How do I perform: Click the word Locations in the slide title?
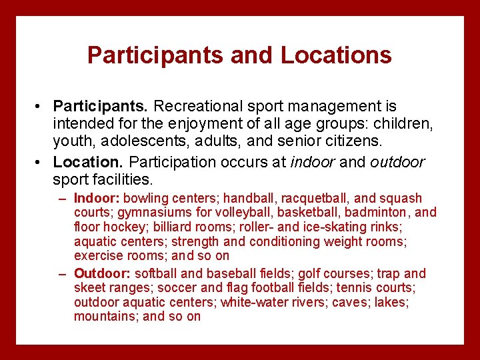click(x=336, y=55)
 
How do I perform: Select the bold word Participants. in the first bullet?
click(x=101, y=107)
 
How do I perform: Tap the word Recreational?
click(x=197, y=107)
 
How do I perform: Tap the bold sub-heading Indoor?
click(x=97, y=199)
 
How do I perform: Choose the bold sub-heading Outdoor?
click(x=102, y=274)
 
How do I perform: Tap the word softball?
click(x=156, y=274)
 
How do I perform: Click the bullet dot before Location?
click(x=41, y=162)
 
